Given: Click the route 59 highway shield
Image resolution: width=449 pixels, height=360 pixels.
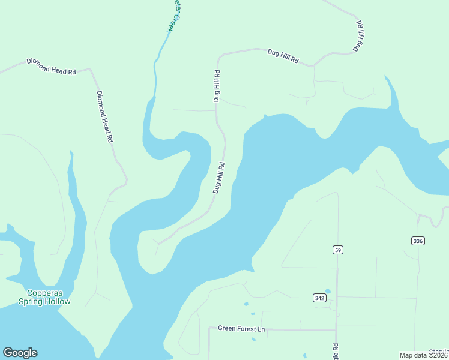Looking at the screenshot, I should (x=338, y=249).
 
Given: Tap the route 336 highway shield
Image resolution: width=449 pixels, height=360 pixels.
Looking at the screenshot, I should (x=418, y=241).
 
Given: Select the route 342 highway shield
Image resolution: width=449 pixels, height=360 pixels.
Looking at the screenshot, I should (x=320, y=298).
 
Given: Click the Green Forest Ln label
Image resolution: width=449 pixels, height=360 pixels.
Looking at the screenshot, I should (x=241, y=328).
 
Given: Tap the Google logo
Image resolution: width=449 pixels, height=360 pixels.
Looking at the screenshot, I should (x=20, y=353).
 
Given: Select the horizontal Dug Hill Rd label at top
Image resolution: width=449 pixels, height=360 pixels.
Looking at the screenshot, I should (x=283, y=57).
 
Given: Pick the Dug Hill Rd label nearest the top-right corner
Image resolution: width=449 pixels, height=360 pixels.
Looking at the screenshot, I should (x=359, y=36).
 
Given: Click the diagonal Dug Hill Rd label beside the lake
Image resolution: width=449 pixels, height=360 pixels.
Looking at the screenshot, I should (x=218, y=177).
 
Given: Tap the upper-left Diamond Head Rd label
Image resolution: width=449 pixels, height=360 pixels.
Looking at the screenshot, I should (x=51, y=66).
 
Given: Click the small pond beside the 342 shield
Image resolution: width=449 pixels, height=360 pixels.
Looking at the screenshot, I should (x=327, y=292).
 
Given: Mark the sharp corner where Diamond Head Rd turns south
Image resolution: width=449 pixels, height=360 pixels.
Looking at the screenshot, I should (x=90, y=70).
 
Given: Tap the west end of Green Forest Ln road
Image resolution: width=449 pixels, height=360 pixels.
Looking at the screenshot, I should (x=209, y=328).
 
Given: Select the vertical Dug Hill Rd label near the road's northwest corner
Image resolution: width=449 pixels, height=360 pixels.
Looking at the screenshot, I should (x=217, y=86).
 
